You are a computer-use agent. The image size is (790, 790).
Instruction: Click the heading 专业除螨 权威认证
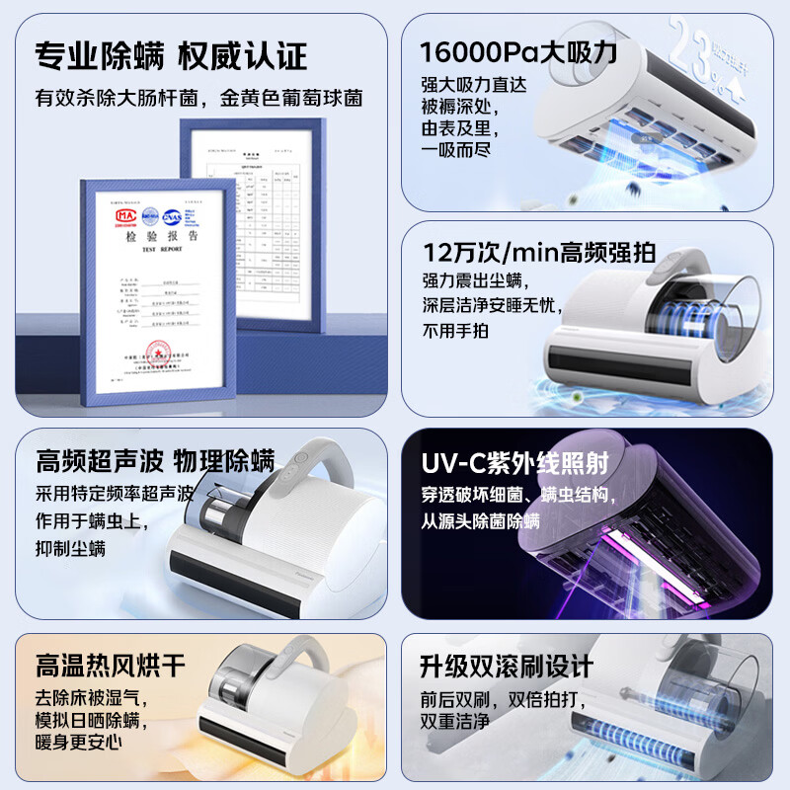[x=171, y=55]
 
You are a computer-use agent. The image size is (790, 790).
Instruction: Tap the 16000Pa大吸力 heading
[x=518, y=52]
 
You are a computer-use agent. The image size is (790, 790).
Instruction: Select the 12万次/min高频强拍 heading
[x=538, y=253]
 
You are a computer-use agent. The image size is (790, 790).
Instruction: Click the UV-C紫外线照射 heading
[x=514, y=462]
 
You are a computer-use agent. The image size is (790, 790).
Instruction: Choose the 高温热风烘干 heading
[x=111, y=665]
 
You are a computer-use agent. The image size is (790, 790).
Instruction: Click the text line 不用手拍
[x=455, y=331]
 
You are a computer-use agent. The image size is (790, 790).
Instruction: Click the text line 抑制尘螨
[x=70, y=547]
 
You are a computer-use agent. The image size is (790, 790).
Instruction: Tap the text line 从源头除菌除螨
[x=481, y=520]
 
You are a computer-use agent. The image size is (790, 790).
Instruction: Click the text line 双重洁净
[x=455, y=722]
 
